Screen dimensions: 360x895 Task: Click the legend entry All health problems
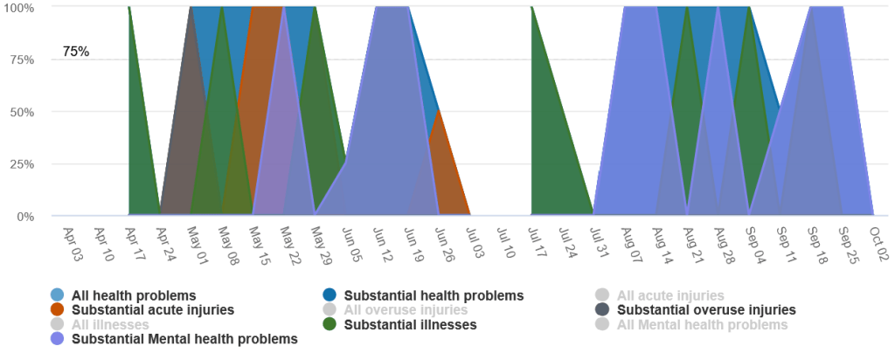point(133,296)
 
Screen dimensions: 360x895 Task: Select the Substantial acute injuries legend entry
point(152,309)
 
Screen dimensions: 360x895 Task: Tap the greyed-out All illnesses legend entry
point(109,325)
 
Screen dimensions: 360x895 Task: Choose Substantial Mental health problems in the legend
point(184,338)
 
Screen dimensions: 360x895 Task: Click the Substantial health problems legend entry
point(434,296)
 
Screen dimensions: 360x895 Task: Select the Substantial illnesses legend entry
point(410,325)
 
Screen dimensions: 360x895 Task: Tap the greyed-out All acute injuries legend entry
point(670,296)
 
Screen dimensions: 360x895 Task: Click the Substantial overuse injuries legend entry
point(706,309)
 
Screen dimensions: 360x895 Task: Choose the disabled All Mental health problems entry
point(702,325)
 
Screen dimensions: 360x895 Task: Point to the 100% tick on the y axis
point(18,8)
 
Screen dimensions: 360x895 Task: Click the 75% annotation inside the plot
point(76,52)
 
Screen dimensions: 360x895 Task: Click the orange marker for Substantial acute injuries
point(57,309)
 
